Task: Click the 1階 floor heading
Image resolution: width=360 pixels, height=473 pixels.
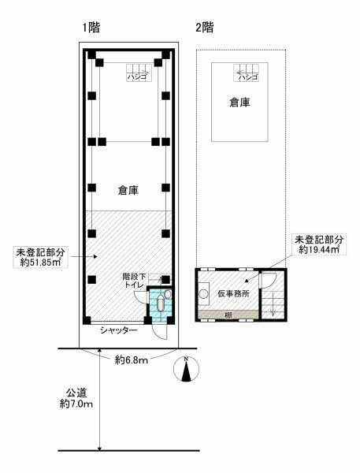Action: coord(91,28)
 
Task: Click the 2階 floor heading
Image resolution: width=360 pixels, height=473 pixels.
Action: coord(205,28)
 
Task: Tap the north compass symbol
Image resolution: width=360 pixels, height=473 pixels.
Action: coord(187,369)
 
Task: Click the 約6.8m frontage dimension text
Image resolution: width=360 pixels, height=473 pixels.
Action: coord(132,360)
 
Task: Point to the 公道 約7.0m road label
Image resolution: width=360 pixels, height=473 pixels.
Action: coord(76,398)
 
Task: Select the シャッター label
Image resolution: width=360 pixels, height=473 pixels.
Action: coord(119,330)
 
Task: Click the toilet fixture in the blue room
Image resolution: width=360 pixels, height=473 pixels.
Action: coord(161,304)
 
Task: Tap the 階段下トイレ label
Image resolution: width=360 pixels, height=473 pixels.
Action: coord(135,280)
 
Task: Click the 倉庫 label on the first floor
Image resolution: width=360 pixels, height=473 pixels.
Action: coord(128,190)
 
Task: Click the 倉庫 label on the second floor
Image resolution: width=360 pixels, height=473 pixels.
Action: coord(239,102)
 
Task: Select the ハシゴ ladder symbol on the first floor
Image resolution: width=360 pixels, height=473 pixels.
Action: coord(139,73)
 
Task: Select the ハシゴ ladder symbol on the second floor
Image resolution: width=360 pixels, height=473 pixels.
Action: coord(246,73)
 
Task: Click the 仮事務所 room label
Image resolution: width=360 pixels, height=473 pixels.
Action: coord(233,293)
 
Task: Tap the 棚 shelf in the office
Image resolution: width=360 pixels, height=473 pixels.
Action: coord(228,315)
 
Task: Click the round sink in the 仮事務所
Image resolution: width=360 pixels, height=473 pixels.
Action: coord(204,293)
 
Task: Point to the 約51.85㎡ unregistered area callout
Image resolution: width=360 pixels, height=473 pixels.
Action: coord(40,257)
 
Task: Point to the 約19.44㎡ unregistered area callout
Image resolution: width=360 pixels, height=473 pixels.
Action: coord(319,244)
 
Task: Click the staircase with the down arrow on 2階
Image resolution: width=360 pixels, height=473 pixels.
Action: coord(273,304)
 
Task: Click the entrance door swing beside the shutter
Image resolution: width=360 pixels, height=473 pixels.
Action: coord(160,333)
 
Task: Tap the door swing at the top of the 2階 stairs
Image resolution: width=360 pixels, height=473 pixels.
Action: coord(269,280)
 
